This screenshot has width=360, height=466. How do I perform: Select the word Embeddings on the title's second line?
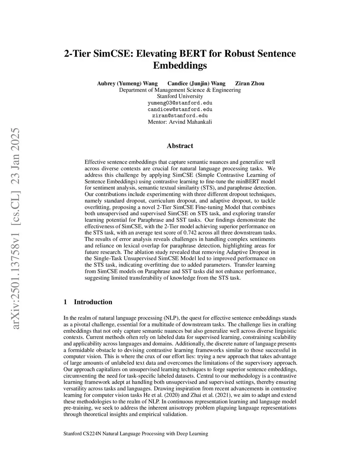(x=180, y=65)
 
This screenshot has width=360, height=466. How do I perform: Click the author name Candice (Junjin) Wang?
(x=196, y=83)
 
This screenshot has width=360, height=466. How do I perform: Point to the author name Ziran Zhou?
(x=250, y=83)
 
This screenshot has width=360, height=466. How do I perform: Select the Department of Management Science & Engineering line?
(x=180, y=90)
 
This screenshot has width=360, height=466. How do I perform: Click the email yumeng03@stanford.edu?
(x=180, y=103)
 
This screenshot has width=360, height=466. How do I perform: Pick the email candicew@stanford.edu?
(x=180, y=109)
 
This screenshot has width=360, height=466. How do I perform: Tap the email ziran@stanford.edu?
(x=180, y=116)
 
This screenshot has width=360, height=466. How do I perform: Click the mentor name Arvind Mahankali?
(x=191, y=122)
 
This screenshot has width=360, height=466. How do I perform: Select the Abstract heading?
(x=180, y=146)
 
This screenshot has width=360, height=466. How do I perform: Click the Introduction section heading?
(x=93, y=302)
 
